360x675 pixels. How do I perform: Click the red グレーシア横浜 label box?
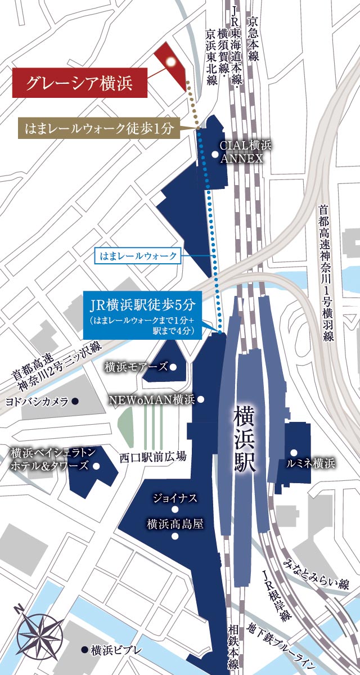80,83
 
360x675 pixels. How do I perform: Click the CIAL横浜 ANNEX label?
245,152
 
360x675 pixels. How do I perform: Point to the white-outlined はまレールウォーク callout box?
138,256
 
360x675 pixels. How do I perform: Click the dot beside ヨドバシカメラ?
75,401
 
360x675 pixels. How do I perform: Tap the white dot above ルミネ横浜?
293,452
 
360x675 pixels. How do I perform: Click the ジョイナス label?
175,498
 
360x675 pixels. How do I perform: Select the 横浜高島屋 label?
175,524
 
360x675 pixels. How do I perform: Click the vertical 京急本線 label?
253,39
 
